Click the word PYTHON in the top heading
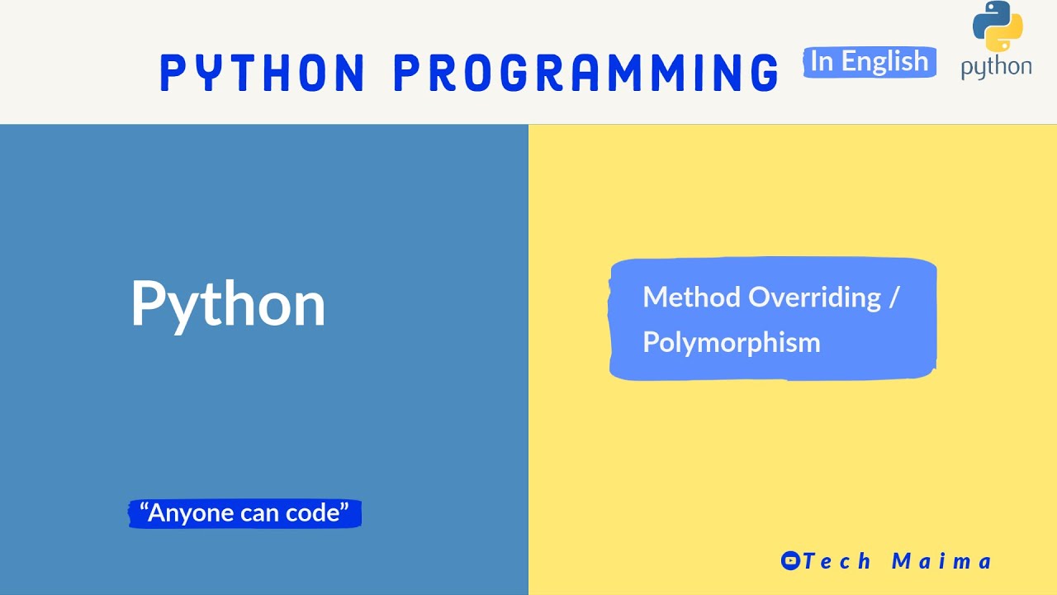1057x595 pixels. coord(263,73)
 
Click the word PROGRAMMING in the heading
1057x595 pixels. coord(586,73)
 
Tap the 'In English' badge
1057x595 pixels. coord(870,62)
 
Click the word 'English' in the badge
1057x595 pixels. coord(885,62)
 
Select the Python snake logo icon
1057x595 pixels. coord(998,27)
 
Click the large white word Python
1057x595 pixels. coord(228,304)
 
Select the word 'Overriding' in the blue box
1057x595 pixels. coord(814,297)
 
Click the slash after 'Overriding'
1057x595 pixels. coord(894,297)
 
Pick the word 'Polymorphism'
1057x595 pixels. coord(732,341)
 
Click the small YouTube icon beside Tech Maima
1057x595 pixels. coord(790,561)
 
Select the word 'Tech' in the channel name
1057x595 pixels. coord(837,561)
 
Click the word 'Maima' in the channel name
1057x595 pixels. coord(941,561)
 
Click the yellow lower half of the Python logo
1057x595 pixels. coord(1006,37)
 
